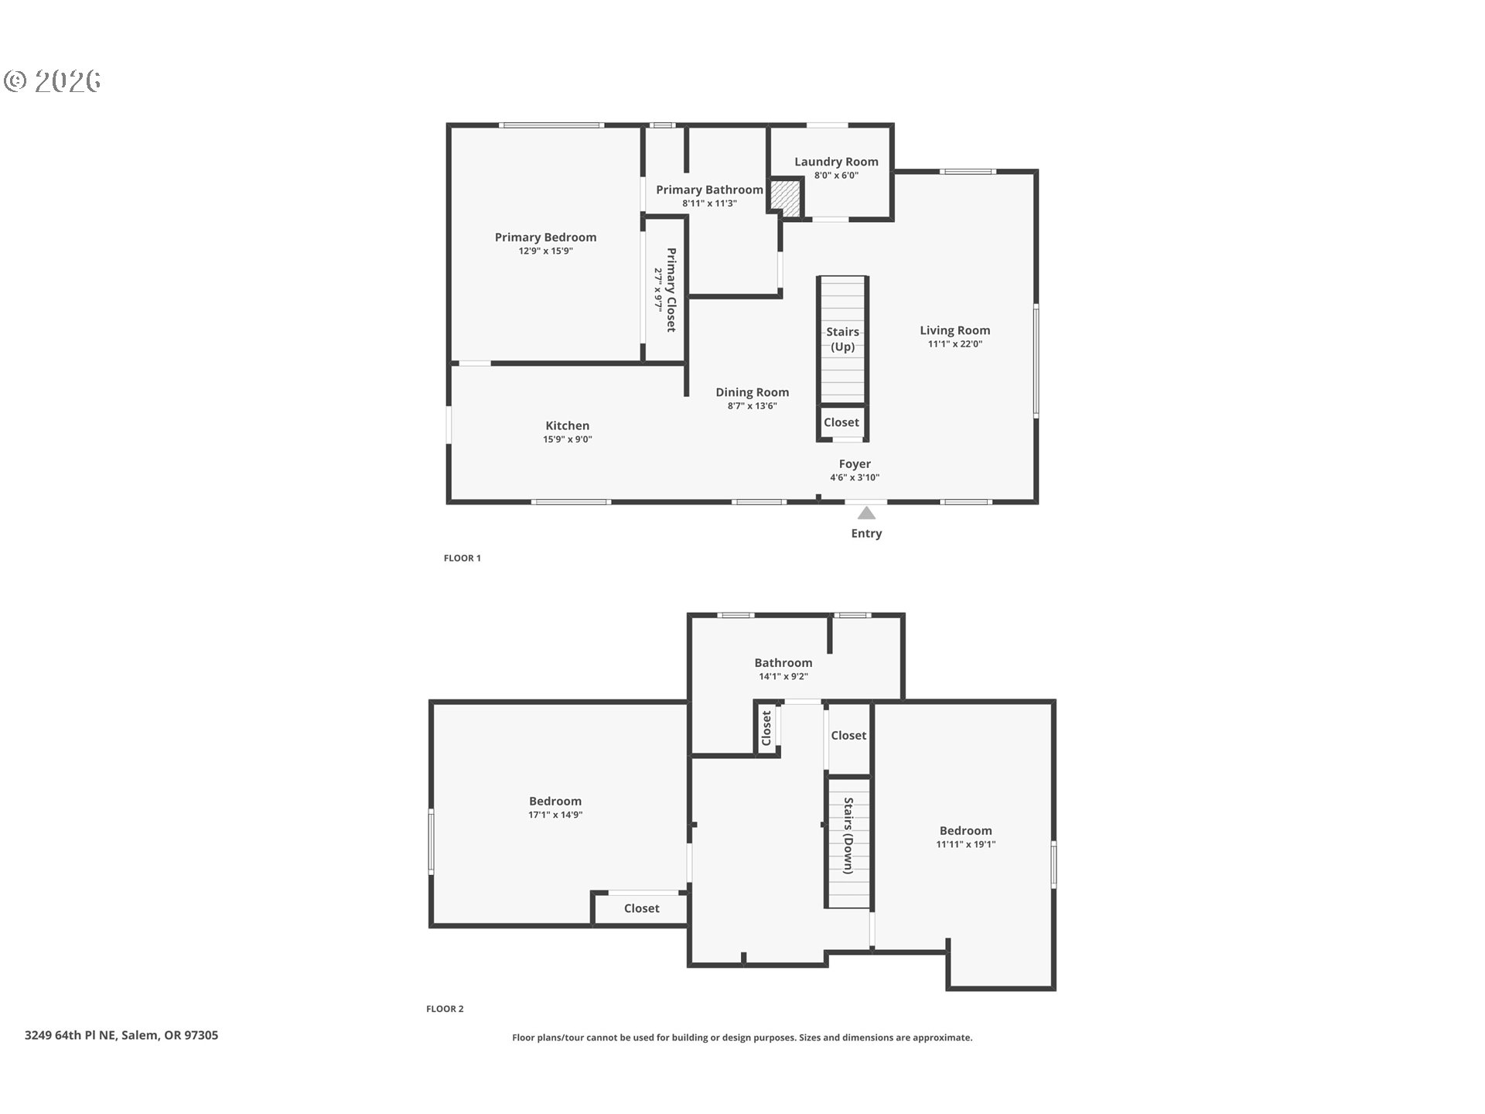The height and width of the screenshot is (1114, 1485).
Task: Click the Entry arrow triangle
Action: click(866, 513)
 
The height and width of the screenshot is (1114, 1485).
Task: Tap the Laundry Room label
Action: click(836, 162)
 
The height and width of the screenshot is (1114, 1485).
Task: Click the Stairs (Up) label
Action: click(842, 339)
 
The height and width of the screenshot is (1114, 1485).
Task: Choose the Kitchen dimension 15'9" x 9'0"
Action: click(568, 439)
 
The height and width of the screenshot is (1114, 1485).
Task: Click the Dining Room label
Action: click(752, 392)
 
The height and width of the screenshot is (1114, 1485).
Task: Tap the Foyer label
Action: click(855, 464)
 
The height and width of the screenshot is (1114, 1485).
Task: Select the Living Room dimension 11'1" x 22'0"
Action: click(955, 344)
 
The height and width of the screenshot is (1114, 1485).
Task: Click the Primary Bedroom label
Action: click(545, 237)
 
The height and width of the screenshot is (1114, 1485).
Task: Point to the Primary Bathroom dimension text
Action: click(709, 203)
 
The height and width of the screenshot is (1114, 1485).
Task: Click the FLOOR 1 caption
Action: click(463, 558)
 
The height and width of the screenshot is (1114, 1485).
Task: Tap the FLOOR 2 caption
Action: click(445, 1009)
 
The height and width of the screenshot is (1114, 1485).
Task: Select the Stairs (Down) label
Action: click(848, 835)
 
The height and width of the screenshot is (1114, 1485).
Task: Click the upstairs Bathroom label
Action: click(783, 662)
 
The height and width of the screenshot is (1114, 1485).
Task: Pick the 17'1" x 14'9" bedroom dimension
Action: click(555, 815)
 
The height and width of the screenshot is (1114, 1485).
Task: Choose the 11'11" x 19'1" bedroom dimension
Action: click(966, 844)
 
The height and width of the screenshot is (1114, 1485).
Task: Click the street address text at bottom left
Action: click(121, 1035)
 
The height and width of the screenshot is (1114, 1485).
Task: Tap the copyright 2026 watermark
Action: click(53, 81)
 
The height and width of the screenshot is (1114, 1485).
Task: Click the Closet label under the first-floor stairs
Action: click(841, 422)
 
